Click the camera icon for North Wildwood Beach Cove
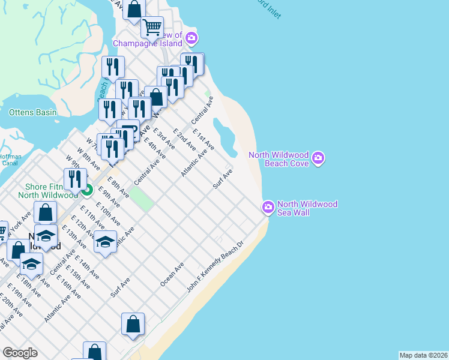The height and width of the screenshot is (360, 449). pyautogui.click(x=318, y=158)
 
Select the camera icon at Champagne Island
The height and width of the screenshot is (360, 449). pyautogui.click(x=191, y=39)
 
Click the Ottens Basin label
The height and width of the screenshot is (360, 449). pyautogui.click(x=32, y=112)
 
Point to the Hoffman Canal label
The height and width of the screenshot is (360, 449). pyautogui.click(x=10, y=160)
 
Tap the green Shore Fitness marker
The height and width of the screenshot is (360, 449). pyautogui.click(x=86, y=191)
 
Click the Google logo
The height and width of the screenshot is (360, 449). pyautogui.click(x=20, y=353)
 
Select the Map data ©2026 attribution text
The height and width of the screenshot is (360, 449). pyautogui.click(x=423, y=355)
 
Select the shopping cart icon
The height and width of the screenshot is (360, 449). pyautogui.click(x=152, y=26)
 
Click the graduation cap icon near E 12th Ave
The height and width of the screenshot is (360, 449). pyautogui.click(x=105, y=242)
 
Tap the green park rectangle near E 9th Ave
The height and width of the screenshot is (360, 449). pyautogui.click(x=139, y=199)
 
